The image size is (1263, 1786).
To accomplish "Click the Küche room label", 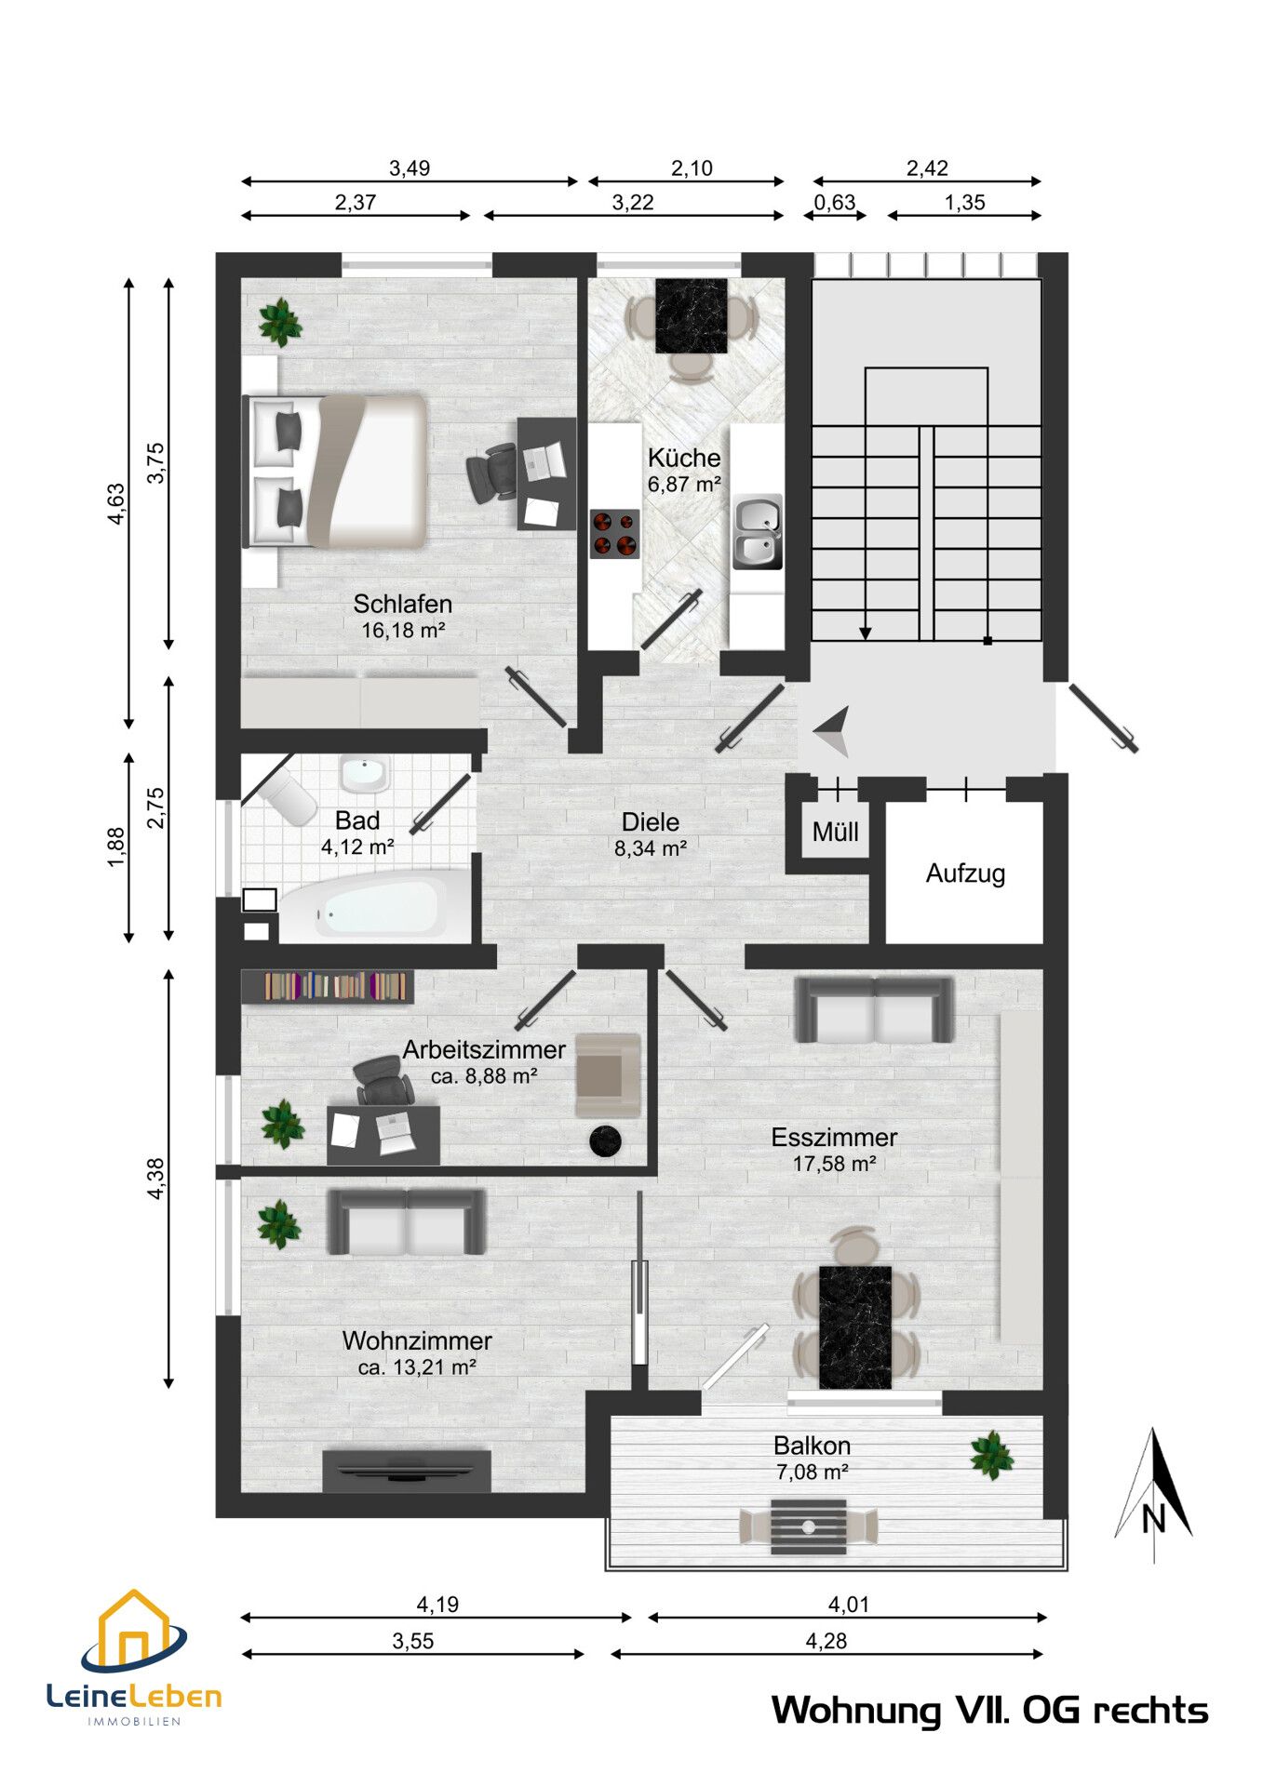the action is (684, 458).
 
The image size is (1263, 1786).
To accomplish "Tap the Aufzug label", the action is (965, 873).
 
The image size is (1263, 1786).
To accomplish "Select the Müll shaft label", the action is (835, 832).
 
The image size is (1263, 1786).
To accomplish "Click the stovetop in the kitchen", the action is (614, 533).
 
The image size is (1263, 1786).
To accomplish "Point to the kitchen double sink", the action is (757, 533).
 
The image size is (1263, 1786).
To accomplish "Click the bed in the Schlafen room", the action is (335, 471).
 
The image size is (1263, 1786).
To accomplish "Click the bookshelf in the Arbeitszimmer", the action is (328, 986).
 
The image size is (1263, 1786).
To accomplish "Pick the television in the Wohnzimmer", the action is (406, 1470).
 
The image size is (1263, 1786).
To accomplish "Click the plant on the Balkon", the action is (992, 1455).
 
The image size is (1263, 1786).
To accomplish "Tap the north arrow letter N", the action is (1153, 1519).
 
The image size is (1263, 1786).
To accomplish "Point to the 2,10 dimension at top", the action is (692, 168).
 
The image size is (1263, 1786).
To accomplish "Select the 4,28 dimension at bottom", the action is (826, 1641).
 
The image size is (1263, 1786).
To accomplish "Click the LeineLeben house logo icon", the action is (133, 1631).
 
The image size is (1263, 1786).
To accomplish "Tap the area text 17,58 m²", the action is (834, 1164).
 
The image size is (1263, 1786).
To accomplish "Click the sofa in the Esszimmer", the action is (874, 1010).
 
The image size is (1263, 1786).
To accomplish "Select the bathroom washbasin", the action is (364, 774).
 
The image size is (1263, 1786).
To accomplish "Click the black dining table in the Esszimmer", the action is (855, 1326).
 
